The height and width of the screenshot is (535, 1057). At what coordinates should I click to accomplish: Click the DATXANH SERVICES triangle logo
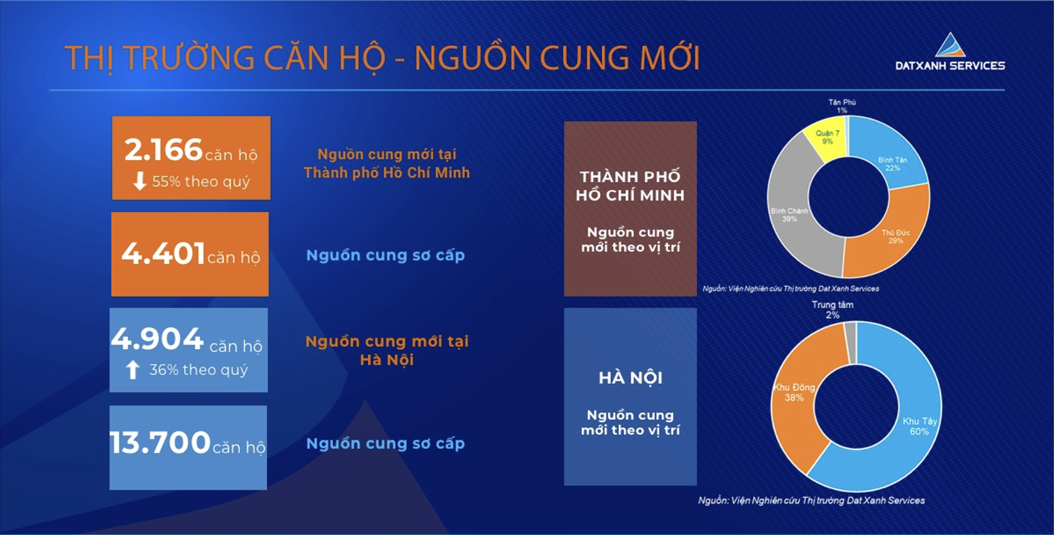tap(950, 45)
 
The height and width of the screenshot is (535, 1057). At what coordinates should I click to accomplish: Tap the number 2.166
tap(163, 150)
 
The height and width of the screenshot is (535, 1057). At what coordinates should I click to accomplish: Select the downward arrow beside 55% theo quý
tap(140, 181)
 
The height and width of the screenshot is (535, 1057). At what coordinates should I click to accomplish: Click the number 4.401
tap(163, 253)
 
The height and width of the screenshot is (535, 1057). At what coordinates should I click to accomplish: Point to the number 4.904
tap(157, 339)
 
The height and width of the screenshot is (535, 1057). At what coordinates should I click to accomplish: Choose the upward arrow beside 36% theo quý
tap(133, 369)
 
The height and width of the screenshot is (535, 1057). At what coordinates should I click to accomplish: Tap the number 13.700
tap(160, 443)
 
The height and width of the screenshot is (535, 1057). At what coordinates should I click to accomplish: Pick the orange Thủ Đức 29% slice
tap(889, 236)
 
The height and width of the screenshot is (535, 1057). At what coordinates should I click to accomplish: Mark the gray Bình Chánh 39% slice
tap(798, 212)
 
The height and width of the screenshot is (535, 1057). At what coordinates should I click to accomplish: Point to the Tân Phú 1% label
tap(842, 107)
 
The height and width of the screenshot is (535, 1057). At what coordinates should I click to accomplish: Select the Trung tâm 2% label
tap(832, 310)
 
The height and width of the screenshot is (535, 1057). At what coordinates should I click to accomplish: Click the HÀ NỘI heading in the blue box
tap(631, 378)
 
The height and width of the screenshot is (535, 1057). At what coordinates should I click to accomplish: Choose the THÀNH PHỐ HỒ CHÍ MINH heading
tap(631, 186)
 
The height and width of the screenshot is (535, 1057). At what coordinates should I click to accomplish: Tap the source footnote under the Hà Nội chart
tap(812, 500)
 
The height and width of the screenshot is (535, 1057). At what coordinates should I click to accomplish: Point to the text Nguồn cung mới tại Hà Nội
tap(387, 350)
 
